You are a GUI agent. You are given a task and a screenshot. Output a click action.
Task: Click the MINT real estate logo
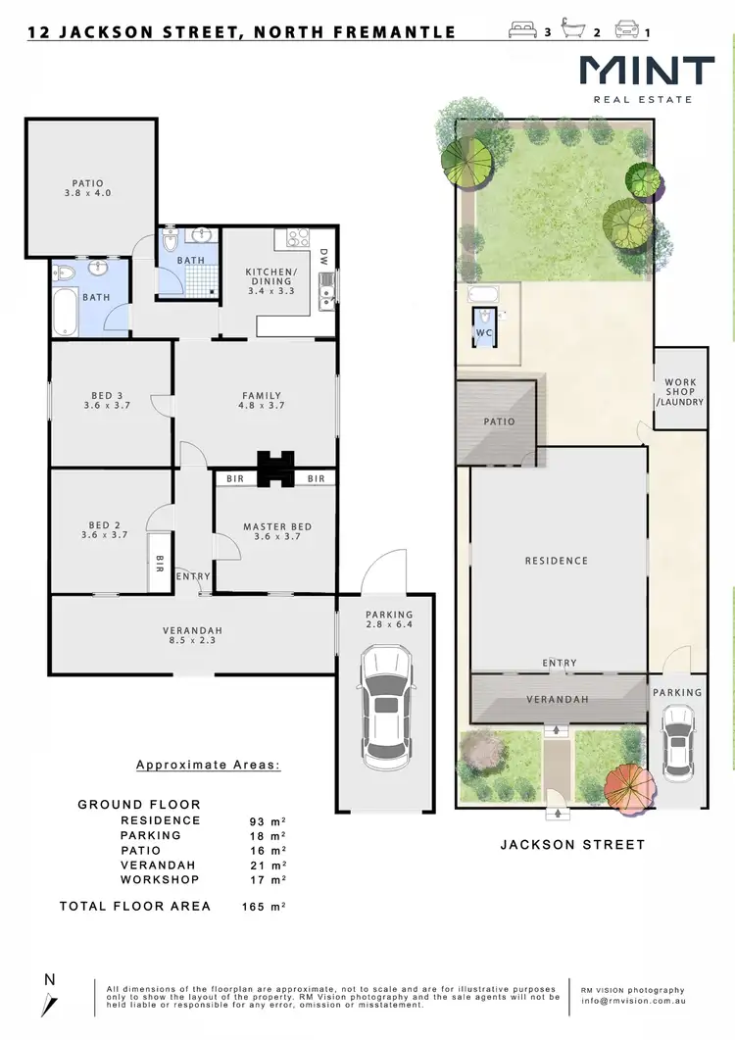pyautogui.click(x=646, y=77)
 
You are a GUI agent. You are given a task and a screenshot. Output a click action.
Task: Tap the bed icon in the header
pyautogui.click(x=523, y=31)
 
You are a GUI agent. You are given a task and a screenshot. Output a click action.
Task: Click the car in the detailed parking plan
pyautogui.click(x=385, y=710)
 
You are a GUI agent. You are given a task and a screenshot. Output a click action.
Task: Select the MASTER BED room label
pyautogui.click(x=277, y=532)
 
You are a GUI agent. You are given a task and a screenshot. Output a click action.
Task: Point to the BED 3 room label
pyautogui.click(x=107, y=401)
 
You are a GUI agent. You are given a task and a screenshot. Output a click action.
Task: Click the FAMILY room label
pyautogui.click(x=262, y=401)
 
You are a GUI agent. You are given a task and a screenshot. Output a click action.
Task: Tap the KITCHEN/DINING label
pyautogui.click(x=269, y=280)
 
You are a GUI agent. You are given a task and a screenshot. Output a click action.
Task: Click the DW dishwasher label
pyautogui.click(x=322, y=257)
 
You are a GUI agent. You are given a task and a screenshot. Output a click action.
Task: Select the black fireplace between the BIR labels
pyautogui.click(x=275, y=469)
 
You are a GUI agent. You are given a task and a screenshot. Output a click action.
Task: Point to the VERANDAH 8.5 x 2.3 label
pyautogui.click(x=193, y=636)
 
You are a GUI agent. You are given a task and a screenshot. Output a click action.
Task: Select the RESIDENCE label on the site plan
pyautogui.click(x=556, y=561)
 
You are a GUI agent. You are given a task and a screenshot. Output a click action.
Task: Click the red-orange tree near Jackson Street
pyautogui.click(x=628, y=783)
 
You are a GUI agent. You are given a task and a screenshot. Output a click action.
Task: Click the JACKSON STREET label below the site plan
pyautogui.click(x=572, y=844)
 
